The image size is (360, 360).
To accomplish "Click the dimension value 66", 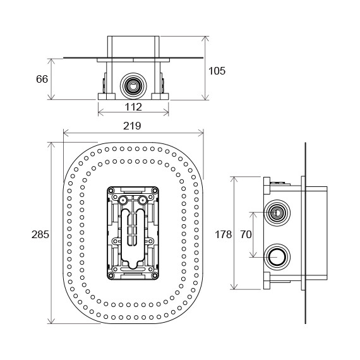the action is (42, 79).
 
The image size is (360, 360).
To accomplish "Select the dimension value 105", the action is (217, 71).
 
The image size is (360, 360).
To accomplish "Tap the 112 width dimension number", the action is (133, 107).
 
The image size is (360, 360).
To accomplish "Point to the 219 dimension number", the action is (132, 126).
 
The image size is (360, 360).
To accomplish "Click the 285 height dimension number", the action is (40, 235).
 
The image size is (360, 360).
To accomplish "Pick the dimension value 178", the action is (223, 235).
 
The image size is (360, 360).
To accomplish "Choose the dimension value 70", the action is (246, 235).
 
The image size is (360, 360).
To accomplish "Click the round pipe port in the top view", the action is (133, 86).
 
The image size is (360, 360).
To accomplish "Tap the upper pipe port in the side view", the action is (277, 213).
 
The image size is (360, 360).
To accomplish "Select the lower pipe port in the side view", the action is (277, 257).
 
